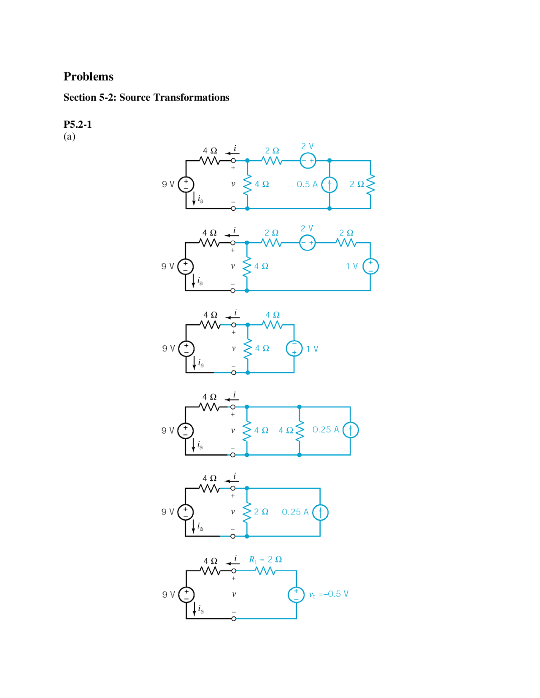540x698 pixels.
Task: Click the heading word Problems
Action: (x=89, y=76)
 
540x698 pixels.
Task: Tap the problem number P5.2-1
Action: (x=78, y=124)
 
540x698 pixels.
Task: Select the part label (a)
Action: (x=70, y=137)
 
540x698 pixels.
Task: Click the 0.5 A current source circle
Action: (x=329, y=184)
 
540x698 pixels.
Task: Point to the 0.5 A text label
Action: (x=307, y=184)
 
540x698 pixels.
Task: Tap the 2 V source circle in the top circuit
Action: (x=308, y=160)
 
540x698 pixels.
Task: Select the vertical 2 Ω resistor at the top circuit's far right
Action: (x=370, y=184)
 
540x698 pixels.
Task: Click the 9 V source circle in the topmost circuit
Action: (x=186, y=184)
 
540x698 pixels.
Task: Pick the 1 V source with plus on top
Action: (x=370, y=266)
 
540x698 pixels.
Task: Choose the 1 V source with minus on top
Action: (x=294, y=349)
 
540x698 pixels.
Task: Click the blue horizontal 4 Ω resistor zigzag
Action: (x=273, y=325)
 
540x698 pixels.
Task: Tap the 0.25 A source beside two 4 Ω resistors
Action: (x=350, y=430)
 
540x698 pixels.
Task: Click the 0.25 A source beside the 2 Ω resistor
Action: (x=320, y=512)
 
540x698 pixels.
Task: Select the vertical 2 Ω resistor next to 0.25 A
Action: (x=247, y=512)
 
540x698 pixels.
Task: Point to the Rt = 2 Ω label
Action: (x=265, y=560)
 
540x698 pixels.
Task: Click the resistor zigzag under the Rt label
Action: (x=265, y=571)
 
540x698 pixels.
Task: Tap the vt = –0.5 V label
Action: (x=329, y=594)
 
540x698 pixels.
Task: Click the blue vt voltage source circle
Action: (x=296, y=595)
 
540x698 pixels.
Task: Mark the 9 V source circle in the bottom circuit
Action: (x=186, y=595)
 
